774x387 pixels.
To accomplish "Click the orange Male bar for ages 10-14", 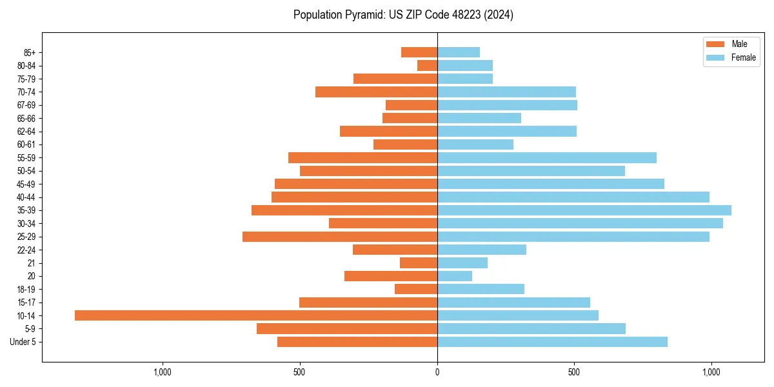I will (256, 315).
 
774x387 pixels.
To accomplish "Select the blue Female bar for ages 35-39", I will (584, 210).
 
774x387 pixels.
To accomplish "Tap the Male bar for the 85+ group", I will (419, 52).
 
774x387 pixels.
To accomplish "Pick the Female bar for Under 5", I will (552, 342).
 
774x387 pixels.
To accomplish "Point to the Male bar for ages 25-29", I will (340, 237).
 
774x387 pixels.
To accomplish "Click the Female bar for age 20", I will (455, 276).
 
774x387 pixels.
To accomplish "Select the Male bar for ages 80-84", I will (428, 65).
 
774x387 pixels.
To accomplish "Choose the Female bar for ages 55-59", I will (547, 157).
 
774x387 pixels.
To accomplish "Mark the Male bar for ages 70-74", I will (376, 92).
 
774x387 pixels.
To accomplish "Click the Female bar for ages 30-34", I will (580, 223).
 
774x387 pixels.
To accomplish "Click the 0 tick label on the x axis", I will (437, 372).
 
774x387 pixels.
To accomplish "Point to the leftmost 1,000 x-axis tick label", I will (163, 372).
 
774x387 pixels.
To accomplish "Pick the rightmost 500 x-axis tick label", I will (574, 372).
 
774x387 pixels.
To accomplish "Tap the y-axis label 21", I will (31, 263).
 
